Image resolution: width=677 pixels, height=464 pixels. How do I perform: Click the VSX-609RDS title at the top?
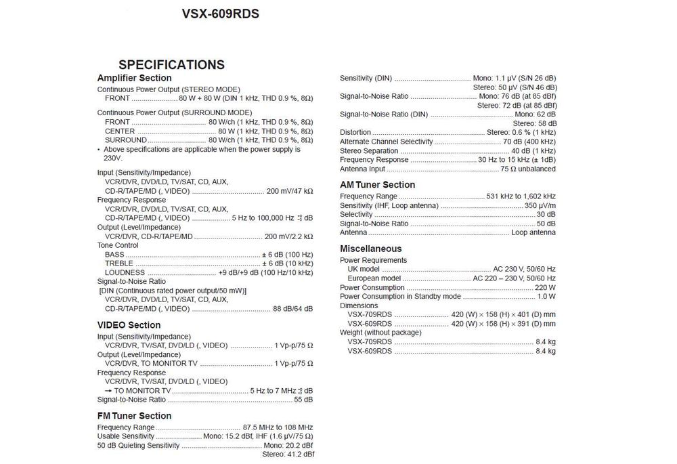(x=221, y=14)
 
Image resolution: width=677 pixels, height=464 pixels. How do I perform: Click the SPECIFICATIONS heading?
(x=171, y=65)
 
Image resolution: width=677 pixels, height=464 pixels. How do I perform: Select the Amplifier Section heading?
(x=134, y=79)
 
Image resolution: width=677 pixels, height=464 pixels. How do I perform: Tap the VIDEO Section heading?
(x=129, y=325)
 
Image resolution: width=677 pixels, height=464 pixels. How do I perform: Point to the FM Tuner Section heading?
(x=134, y=416)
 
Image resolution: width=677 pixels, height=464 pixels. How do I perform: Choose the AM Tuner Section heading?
(x=377, y=185)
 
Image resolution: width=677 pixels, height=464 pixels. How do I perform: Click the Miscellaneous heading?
(x=370, y=249)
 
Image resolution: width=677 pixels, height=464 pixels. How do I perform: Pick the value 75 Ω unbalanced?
(x=528, y=169)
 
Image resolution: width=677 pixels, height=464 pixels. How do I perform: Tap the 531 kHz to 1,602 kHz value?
(x=521, y=196)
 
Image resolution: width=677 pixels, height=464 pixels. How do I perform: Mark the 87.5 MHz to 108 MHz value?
(x=278, y=427)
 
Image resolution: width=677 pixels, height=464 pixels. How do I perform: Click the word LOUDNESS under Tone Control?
(x=125, y=272)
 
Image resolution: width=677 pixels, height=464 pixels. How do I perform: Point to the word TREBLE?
(x=119, y=263)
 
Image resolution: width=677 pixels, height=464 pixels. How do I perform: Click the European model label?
(x=374, y=278)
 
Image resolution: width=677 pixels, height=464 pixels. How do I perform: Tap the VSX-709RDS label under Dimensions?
(x=370, y=314)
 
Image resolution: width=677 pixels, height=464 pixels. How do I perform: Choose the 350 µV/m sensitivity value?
(x=540, y=205)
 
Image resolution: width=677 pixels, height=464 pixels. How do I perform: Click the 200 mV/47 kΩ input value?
(x=289, y=191)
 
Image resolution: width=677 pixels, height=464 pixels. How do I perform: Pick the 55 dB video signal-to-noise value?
(x=303, y=400)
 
